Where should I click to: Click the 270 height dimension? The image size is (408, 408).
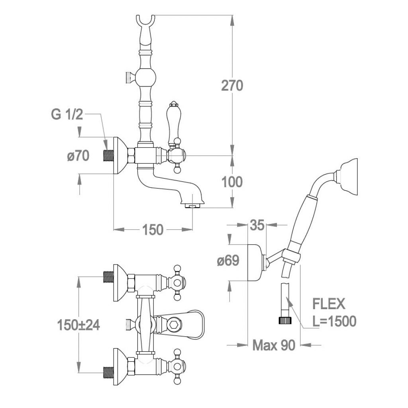pyautogui.click(x=232, y=85)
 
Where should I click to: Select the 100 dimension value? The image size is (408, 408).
pyautogui.click(x=232, y=182)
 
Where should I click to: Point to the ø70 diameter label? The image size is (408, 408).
pyautogui.click(x=78, y=156)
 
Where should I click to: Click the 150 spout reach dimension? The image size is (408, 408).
pyautogui.click(x=153, y=229)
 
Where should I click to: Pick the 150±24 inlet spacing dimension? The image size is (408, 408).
pyautogui.click(x=78, y=325)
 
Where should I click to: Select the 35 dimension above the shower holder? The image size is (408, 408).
pyautogui.click(x=257, y=225)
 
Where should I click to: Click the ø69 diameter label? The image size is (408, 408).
pyautogui.click(x=228, y=261)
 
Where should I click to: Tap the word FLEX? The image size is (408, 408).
pyautogui.click(x=329, y=304)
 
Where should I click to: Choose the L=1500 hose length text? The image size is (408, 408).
pyautogui.click(x=334, y=321)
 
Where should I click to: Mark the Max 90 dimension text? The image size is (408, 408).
pyautogui.click(x=274, y=345)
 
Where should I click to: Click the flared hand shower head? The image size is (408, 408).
pyautogui.click(x=347, y=176)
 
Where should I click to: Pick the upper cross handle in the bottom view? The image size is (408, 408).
pyautogui.click(x=177, y=283)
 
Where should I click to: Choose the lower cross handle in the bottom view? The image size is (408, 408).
pyautogui.click(x=177, y=367)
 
